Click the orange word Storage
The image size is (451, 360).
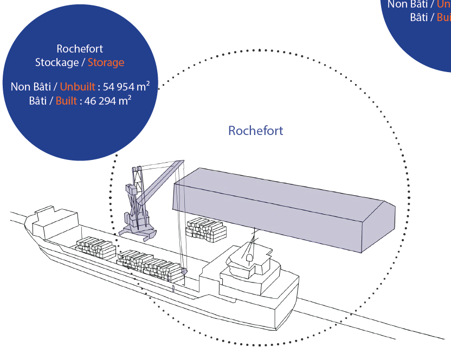pyautogui.click(x=106, y=62)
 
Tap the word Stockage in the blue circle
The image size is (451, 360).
pyautogui.click(x=57, y=62)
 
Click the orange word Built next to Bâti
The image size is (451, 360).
pyautogui.click(x=66, y=101)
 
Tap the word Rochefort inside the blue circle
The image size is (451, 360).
pyautogui.click(x=80, y=49)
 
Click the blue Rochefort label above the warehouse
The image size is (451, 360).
pyautogui.click(x=255, y=131)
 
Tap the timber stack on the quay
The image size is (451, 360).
pyautogui.click(x=205, y=229)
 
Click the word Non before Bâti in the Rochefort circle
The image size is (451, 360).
pyautogui.click(x=20, y=86)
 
